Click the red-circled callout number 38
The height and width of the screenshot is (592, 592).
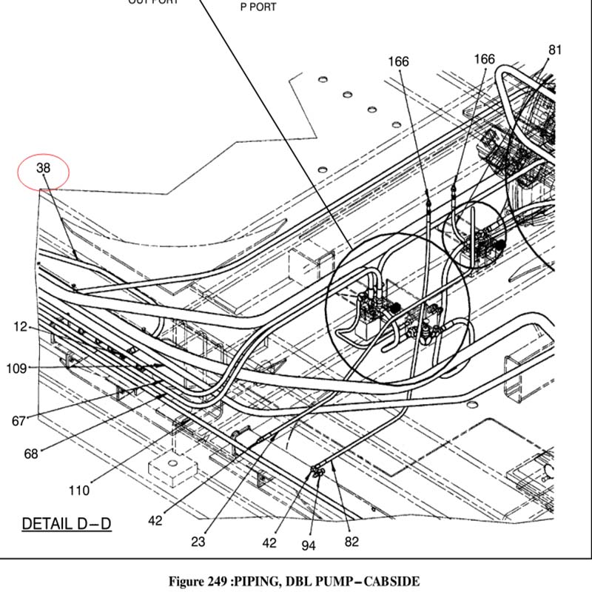[44, 169]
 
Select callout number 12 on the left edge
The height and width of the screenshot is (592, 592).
[20, 326]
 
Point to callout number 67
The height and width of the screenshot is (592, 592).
[18, 421]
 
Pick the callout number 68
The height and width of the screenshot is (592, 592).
[30, 454]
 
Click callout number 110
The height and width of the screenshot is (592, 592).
[79, 490]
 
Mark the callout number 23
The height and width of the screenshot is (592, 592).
[198, 542]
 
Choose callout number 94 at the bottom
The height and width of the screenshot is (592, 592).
[309, 545]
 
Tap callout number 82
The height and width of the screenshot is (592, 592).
[351, 542]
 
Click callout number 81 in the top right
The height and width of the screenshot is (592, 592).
[555, 50]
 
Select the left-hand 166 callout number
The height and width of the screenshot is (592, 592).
[398, 62]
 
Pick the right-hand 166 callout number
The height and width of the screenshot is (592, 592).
[484, 59]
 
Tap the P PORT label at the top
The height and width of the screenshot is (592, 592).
[258, 7]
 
